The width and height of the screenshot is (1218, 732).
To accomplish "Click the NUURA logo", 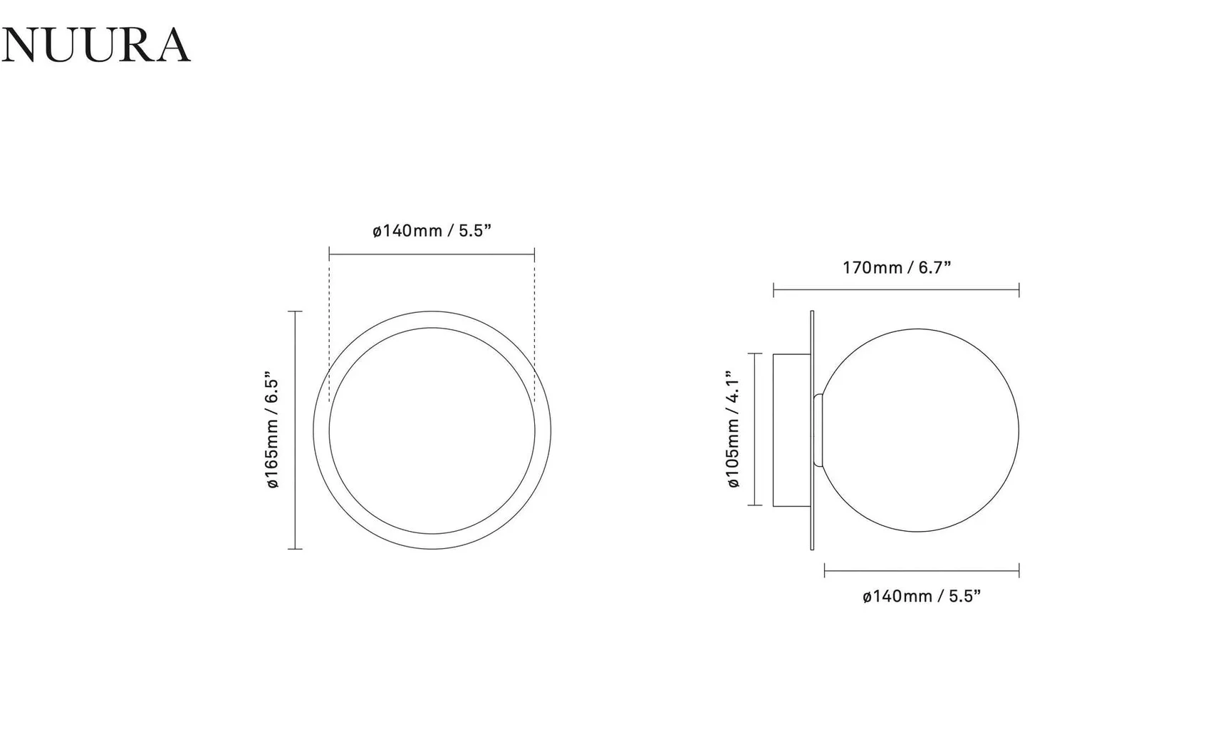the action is click(x=95, y=45).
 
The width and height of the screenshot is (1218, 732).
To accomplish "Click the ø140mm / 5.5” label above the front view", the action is click(x=432, y=231).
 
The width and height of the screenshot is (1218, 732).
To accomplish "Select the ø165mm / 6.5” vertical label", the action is click(x=272, y=430).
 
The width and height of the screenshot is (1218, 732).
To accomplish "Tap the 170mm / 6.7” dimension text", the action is click(x=897, y=268).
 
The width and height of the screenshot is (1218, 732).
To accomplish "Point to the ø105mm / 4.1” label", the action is click(x=733, y=429).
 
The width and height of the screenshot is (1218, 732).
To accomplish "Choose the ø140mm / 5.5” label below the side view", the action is click(x=922, y=596).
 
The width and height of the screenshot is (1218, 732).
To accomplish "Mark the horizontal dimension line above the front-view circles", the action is click(x=432, y=254).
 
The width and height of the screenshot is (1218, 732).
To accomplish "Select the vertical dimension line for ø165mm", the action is click(x=295, y=430).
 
